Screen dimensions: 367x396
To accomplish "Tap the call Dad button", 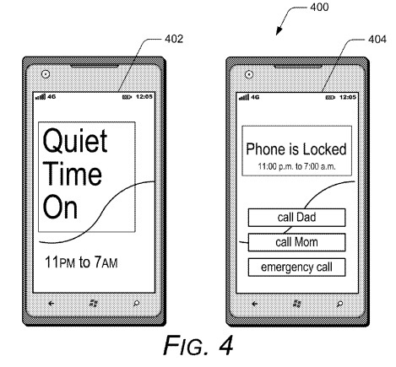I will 296,219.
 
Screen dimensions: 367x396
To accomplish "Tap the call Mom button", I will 296,243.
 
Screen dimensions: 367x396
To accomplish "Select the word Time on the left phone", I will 72,175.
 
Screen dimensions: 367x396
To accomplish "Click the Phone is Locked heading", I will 296,150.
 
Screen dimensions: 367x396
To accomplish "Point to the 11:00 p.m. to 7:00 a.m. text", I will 296,168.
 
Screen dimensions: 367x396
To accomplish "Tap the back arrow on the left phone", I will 52,301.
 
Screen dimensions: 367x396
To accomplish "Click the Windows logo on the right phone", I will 296,301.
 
